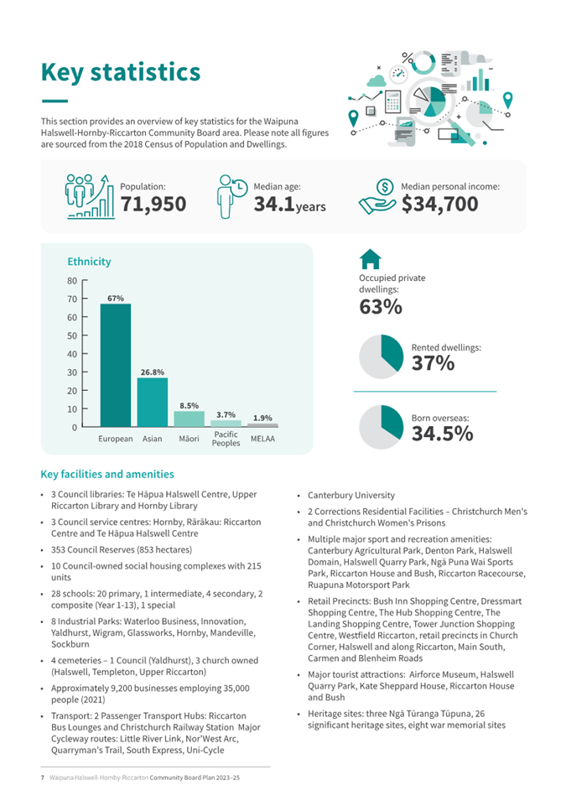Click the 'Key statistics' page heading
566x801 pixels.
tap(121, 72)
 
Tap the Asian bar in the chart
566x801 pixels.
tap(153, 403)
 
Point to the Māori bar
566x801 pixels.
tap(189, 419)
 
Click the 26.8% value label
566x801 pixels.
tap(153, 371)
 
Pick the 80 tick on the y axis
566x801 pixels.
tap(72, 281)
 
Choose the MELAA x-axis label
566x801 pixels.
tap(262, 439)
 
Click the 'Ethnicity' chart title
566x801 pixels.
tap(89, 262)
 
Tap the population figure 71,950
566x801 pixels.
tap(153, 204)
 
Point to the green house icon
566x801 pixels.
tap(370, 260)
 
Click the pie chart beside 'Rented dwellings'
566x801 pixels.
tap(381, 356)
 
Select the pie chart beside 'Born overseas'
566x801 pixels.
tap(381, 426)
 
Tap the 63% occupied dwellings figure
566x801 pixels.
tap(381, 307)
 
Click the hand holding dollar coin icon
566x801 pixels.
tap(377, 198)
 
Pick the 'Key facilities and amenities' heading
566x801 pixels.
tap(107, 474)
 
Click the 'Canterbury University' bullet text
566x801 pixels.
tap(351, 496)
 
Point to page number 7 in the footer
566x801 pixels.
tap(42, 779)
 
